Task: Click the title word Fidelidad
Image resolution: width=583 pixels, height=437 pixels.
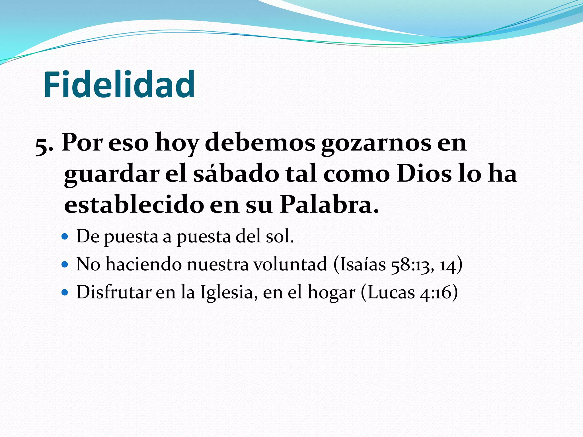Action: pyautogui.click(x=119, y=84)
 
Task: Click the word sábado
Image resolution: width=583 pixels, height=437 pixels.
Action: pyautogui.click(x=236, y=174)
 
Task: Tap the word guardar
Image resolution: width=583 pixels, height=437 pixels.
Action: pyautogui.click(x=112, y=174)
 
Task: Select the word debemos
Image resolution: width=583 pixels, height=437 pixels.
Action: pyautogui.click(x=260, y=143)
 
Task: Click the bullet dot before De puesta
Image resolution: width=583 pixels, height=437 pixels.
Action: pyautogui.click(x=65, y=236)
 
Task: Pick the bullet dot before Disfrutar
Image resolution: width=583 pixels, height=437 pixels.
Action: pyautogui.click(x=65, y=292)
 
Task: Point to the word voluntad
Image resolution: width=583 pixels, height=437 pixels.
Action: pyautogui.click(x=290, y=264)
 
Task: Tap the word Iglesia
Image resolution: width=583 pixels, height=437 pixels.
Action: pyautogui.click(x=227, y=292)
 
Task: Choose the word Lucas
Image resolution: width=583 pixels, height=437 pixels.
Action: pyautogui.click(x=391, y=292)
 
